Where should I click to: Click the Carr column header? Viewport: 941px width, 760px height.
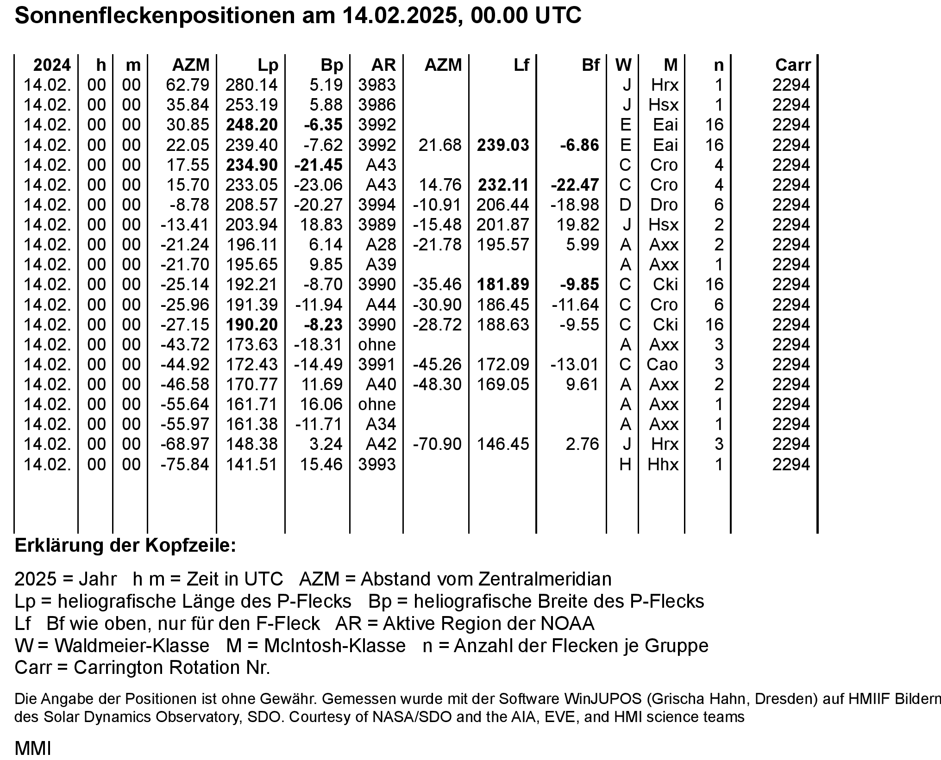793,65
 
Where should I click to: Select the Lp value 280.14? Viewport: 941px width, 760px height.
251,85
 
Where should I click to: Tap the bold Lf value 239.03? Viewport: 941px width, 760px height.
503,145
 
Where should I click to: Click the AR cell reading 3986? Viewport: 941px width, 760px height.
377,105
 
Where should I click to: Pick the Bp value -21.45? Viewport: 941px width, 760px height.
319,165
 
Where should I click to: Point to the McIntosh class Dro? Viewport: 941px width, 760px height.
664,205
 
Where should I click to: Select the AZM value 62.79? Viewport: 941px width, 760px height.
188,85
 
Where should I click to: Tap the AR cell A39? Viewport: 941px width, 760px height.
381,265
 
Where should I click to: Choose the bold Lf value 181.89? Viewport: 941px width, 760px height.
503,285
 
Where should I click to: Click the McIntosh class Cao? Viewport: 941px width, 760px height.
662,365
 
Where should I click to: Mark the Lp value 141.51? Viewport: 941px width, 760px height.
251,465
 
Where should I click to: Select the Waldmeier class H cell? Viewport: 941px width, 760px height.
625,465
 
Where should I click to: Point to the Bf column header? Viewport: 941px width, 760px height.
590,65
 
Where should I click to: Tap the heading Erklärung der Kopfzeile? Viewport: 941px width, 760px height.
125,546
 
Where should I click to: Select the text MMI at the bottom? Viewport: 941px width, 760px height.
33,748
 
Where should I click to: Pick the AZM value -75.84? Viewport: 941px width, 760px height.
185,465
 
